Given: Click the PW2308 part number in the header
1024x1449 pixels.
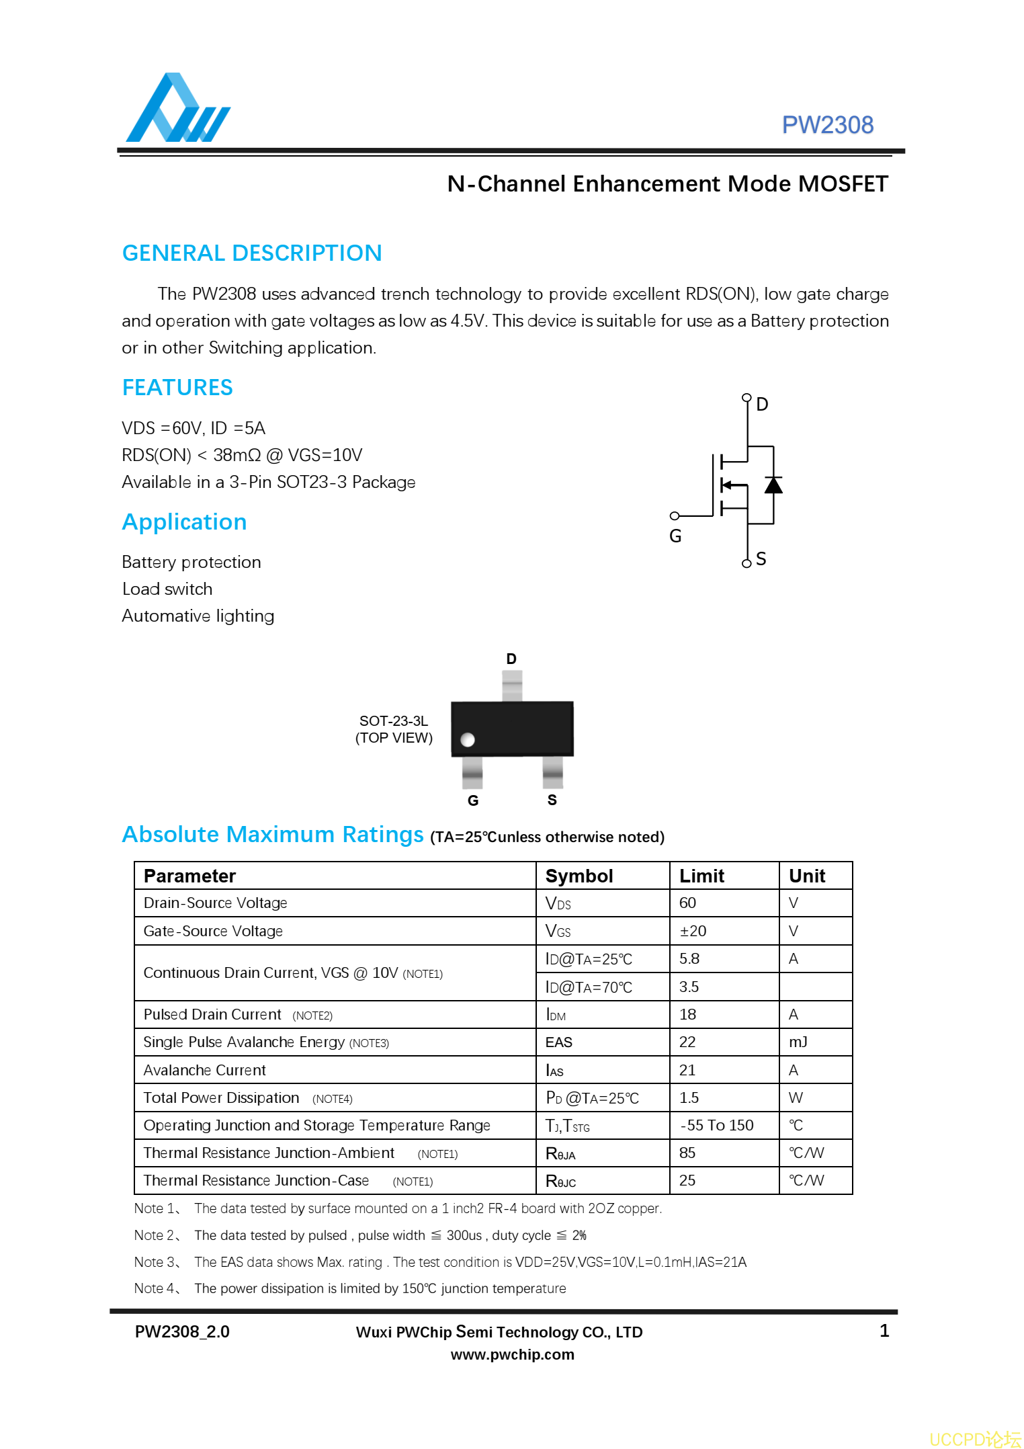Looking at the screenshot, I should tap(827, 125).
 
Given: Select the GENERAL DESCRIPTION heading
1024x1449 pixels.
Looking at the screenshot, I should tap(252, 253).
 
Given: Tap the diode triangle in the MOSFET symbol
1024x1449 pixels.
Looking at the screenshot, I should tap(773, 485).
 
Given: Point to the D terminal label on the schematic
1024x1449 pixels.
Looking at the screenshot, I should tap(762, 404).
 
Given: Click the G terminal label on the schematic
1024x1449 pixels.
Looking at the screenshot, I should tap(675, 536).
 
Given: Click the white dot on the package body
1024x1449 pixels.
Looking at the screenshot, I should tap(468, 739).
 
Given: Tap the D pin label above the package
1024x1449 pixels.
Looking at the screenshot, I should tap(511, 659).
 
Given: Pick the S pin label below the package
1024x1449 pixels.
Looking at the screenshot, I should tap(552, 800).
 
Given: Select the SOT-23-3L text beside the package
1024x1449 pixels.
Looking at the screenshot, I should tap(394, 721).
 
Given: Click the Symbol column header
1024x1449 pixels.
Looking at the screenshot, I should tap(579, 876).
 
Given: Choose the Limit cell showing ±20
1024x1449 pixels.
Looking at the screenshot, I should tap(693, 931).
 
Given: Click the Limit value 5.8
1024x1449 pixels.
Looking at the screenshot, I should tap(689, 958).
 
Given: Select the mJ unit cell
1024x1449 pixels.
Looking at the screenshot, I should tap(798, 1042).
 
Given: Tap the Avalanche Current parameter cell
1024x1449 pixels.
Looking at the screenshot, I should tap(205, 1070).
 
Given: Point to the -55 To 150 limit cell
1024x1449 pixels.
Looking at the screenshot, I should tap(717, 1125).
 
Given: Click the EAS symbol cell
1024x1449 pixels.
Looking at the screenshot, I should tap(559, 1042).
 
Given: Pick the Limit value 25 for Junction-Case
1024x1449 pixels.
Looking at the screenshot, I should tap(687, 1180).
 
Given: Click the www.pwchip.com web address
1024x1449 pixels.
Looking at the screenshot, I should tap(512, 1354).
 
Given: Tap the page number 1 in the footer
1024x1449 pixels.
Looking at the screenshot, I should tap(884, 1331).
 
